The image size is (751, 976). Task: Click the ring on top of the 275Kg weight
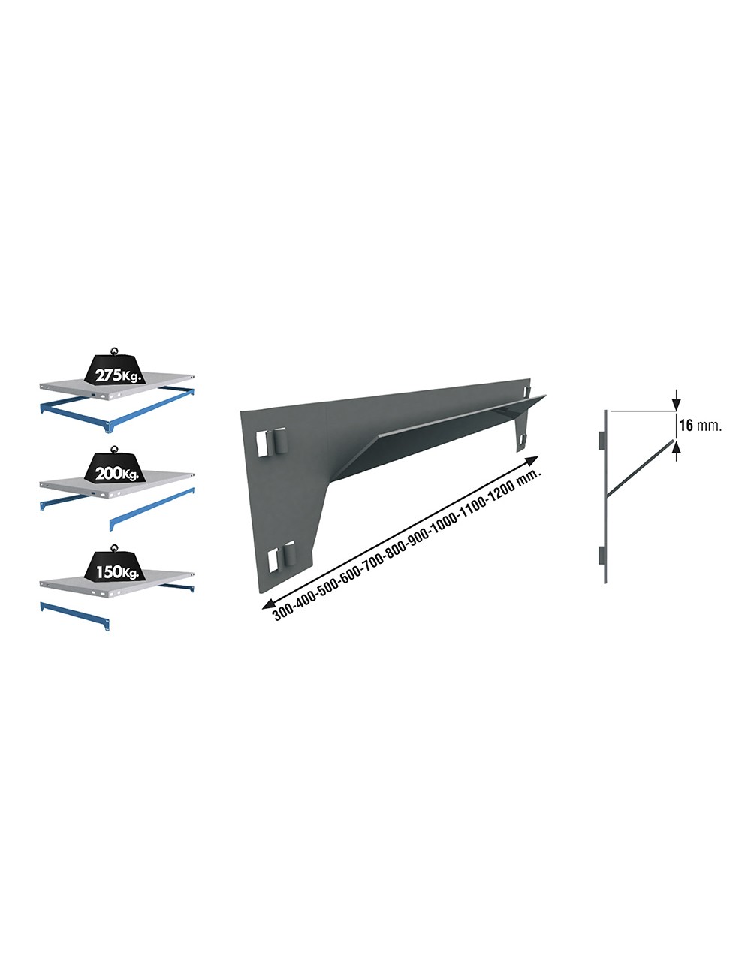pyautogui.click(x=114, y=349)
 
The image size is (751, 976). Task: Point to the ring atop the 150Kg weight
pyautogui.click(x=114, y=547)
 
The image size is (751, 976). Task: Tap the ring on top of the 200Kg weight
pyautogui.click(x=114, y=449)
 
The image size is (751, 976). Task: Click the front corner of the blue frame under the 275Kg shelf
pyautogui.click(x=109, y=427)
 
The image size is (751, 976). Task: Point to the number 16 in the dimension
pyautogui.click(x=686, y=426)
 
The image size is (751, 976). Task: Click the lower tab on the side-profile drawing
pyautogui.click(x=600, y=556)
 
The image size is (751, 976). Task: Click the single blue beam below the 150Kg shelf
pyautogui.click(x=74, y=614)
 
